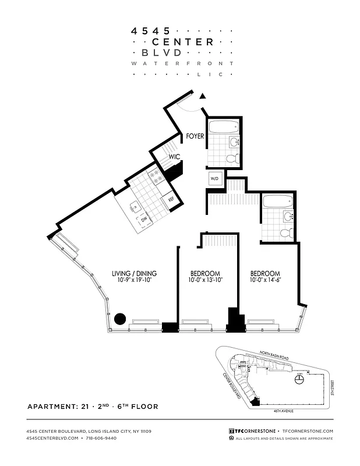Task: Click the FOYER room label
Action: pyautogui.click(x=195, y=137)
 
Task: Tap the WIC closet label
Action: pyautogui.click(x=174, y=157)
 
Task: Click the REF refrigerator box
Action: pyautogui.click(x=171, y=199)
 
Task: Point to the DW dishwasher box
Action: pyautogui.click(x=143, y=220)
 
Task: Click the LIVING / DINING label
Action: pyautogui.click(x=134, y=273)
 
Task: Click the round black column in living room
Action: pyautogui.click(x=119, y=319)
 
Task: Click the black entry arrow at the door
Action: pyautogui.click(x=203, y=97)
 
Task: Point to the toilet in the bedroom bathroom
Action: pyautogui.click(x=286, y=233)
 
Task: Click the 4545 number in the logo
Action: pyautogui.click(x=151, y=29)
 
